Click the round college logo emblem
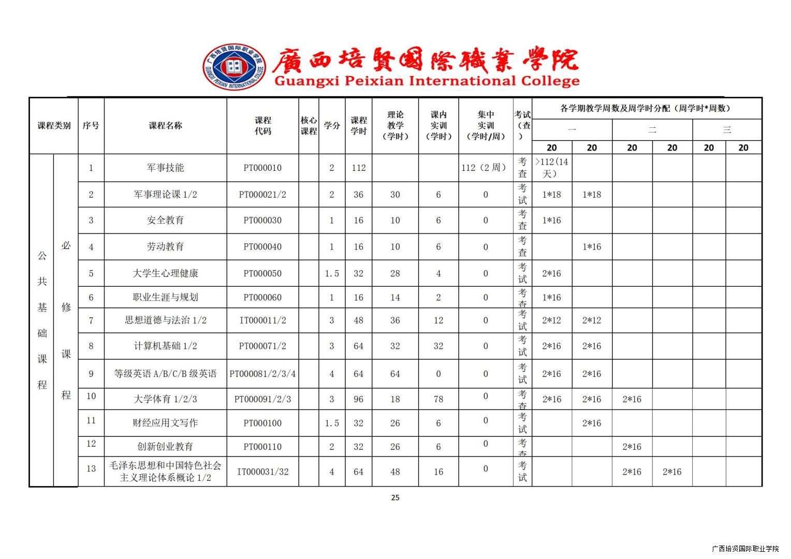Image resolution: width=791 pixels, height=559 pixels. click(235, 67)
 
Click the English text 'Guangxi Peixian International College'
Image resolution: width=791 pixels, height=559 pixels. click(427, 81)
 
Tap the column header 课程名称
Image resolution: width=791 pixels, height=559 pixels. click(165, 125)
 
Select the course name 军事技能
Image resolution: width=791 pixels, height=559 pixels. click(165, 168)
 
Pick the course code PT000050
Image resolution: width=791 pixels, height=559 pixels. click(262, 273)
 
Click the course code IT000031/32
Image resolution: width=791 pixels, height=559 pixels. click(262, 472)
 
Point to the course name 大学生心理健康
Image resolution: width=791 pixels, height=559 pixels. click(165, 273)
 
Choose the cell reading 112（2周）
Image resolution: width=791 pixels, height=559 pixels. click(485, 168)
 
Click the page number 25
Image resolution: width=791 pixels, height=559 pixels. click(395, 497)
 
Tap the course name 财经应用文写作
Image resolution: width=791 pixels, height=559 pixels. click(165, 423)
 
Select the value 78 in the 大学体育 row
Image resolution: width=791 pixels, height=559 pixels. click(438, 399)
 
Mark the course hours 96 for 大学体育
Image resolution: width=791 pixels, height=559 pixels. click(358, 399)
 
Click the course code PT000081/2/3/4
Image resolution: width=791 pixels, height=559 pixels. click(262, 374)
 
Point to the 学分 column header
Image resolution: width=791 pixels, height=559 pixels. click(332, 125)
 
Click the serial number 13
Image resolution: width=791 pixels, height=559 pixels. click(91, 468)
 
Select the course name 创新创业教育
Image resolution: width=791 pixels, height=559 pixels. click(165, 446)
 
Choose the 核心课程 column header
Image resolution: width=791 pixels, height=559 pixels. click(309, 125)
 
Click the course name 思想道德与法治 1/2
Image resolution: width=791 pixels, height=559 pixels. click(165, 320)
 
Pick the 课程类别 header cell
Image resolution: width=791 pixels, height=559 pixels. click(54, 125)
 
